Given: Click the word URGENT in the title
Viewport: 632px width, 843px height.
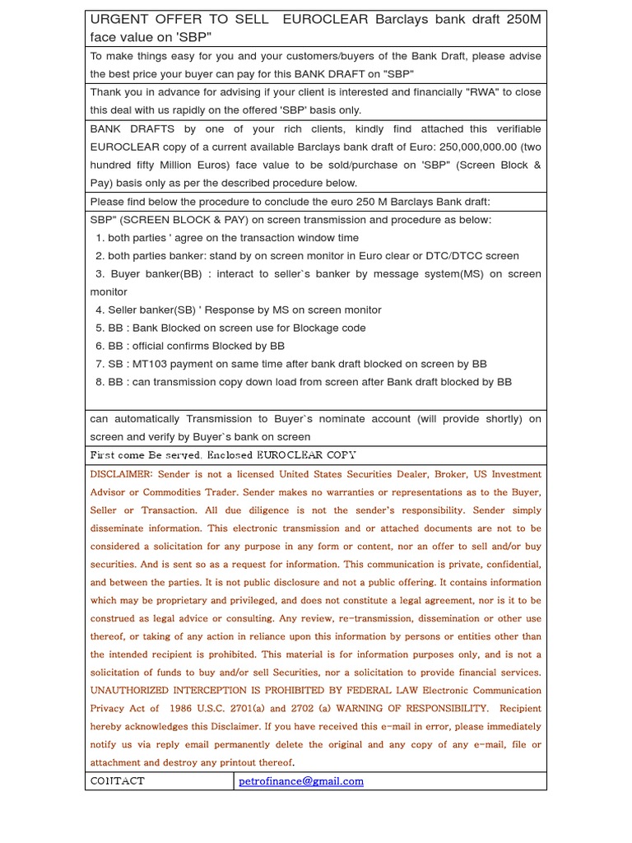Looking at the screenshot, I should [118, 19].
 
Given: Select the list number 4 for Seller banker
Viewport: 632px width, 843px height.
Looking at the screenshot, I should [100, 310].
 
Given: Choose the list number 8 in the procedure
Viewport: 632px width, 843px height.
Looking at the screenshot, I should [100, 382].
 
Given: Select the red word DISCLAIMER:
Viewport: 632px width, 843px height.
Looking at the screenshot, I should [121, 474].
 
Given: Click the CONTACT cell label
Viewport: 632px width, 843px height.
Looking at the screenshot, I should [118, 781].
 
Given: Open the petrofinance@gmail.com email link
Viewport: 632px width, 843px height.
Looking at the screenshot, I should [300, 781].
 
